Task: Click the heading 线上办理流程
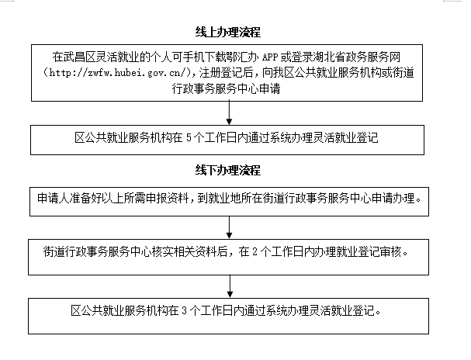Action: pos(227,32)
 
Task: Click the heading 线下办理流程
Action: pos(227,170)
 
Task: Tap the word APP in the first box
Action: pos(270,57)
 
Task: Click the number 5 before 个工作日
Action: pos(189,138)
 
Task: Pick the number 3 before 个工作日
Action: pos(185,310)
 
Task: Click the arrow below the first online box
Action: pos(229,112)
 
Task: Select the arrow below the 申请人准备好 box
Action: pos(229,227)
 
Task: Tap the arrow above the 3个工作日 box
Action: pos(230,286)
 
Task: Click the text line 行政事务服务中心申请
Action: pos(226,88)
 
